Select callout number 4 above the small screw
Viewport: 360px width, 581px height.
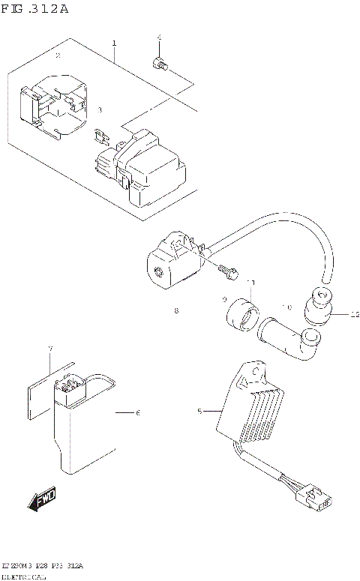click(159, 37)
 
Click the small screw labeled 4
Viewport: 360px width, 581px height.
click(159, 65)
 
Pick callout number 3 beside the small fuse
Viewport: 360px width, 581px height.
click(99, 109)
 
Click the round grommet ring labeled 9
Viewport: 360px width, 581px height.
click(242, 314)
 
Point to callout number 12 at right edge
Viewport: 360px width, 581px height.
click(355, 315)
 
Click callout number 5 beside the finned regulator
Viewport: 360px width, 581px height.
click(199, 411)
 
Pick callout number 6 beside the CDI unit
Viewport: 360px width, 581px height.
click(137, 412)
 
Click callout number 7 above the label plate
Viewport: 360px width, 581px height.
click(50, 349)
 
